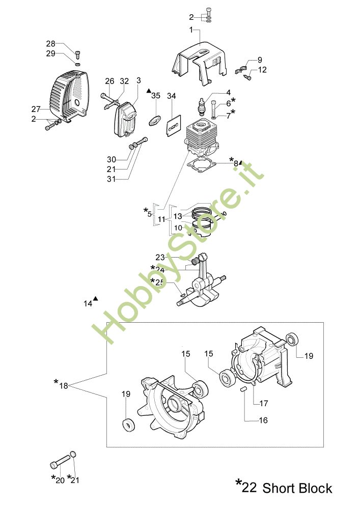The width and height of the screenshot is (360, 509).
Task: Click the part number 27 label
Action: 35,109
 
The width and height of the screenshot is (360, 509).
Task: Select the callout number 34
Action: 171,96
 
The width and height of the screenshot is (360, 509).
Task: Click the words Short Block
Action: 297,488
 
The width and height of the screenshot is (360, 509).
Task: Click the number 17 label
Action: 264,404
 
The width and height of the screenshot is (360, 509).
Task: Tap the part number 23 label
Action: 160,257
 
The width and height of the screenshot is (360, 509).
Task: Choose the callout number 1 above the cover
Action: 191,31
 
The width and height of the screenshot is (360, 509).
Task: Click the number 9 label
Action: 260,60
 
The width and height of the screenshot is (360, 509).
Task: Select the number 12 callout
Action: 262,70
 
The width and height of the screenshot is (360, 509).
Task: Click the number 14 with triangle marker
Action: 88,303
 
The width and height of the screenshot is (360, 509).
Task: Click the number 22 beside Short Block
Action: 249,488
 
